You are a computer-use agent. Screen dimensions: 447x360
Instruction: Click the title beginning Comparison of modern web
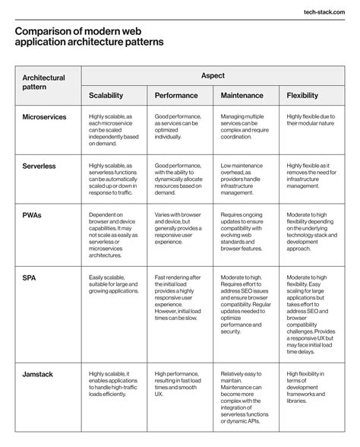(x=89, y=37)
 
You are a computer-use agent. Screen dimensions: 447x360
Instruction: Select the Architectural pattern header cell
(x=43, y=83)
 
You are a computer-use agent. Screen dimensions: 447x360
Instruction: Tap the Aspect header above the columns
(x=212, y=77)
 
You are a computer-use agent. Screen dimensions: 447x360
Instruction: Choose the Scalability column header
(x=112, y=97)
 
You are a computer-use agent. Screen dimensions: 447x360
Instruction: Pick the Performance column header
(x=176, y=97)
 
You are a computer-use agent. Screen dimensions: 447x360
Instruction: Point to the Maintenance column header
(x=242, y=97)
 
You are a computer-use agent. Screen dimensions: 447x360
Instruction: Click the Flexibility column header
(x=308, y=97)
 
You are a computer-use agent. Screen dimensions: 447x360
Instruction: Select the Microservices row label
(x=44, y=117)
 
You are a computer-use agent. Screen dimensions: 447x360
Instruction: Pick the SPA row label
(x=29, y=279)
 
